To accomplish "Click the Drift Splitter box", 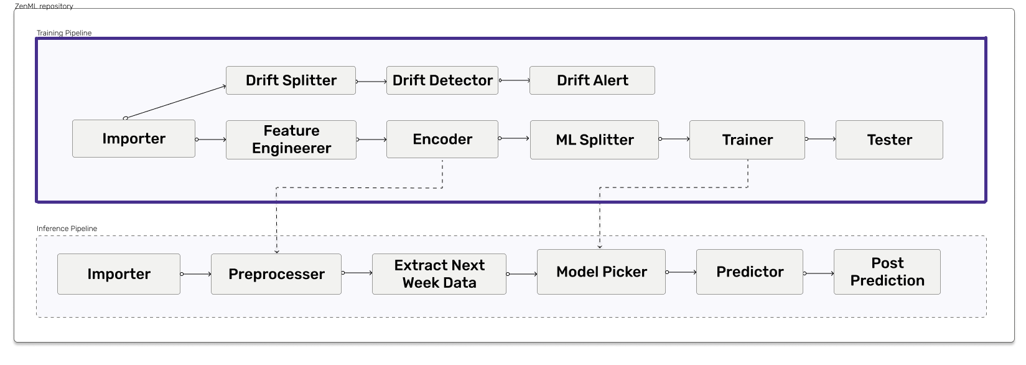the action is coord(291,80).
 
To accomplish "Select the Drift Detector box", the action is coord(442,80).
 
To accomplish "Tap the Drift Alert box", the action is coord(592,80).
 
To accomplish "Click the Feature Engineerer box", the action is coord(291,140).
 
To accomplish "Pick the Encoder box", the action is coord(442,140).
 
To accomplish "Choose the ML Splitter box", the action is coord(594,140).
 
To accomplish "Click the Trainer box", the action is coord(747,140).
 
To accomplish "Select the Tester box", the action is coord(889,140).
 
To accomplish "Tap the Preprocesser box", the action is coord(276,274).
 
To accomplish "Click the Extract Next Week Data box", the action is coord(439,274).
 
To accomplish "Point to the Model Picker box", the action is coord(601,272).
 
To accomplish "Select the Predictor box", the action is coord(749,272).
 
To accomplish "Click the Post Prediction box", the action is coord(887,272).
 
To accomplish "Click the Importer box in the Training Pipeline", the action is coord(133,138).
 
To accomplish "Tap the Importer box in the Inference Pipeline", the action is coord(119,274).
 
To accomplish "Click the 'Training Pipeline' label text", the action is coord(64,33).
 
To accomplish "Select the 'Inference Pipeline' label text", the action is coord(67,229).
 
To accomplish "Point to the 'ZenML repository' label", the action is coord(44,6).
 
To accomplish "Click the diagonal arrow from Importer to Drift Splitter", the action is coord(175,102).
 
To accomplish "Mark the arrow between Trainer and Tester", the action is coord(820,138).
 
